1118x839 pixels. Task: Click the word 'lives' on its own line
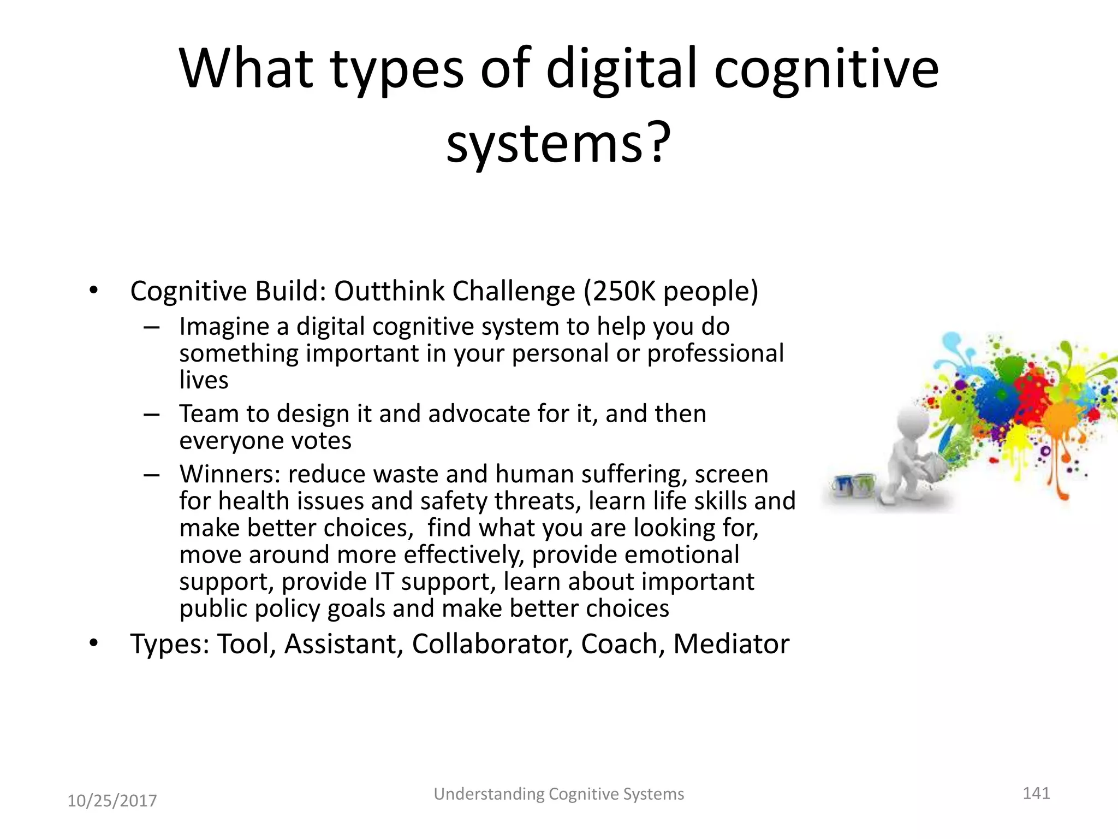tap(204, 380)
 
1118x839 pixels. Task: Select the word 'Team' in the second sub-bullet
tap(209, 414)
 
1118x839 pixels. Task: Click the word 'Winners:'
tap(230, 474)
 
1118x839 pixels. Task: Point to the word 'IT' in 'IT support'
tap(383, 582)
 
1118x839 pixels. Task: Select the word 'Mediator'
tap(731, 644)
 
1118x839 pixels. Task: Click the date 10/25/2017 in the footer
tap(112, 801)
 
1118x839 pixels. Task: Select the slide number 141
tap(1036, 793)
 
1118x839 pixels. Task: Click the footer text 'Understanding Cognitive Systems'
tap(558, 794)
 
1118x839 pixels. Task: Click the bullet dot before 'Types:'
tap(94, 643)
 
